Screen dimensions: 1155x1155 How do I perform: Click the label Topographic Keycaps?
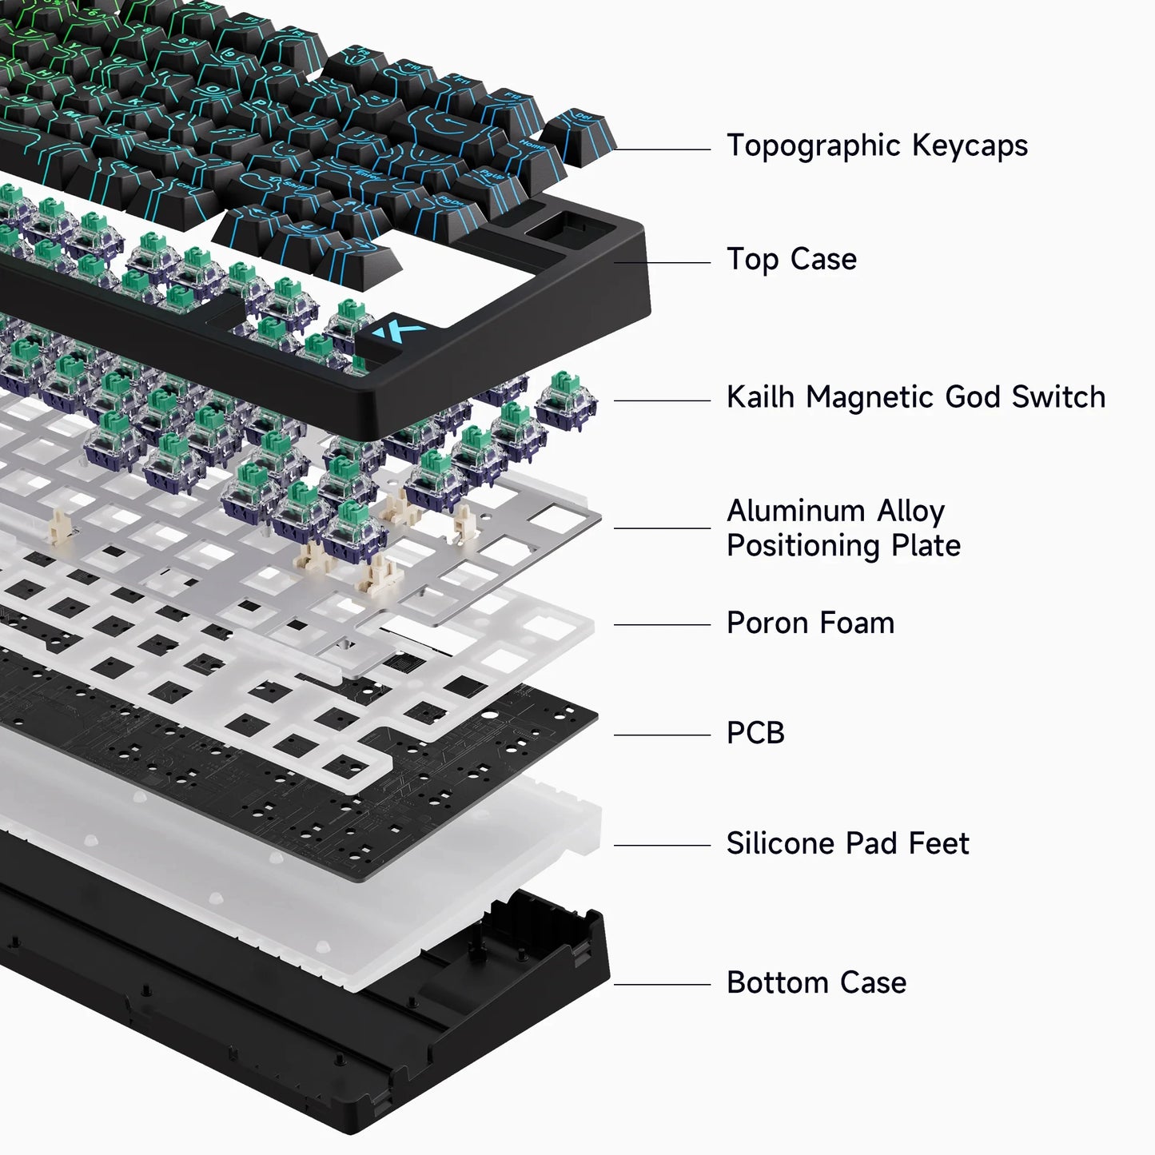[877, 146]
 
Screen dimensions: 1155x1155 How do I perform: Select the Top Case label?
[791, 260]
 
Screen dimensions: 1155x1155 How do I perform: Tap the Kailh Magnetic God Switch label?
[915, 397]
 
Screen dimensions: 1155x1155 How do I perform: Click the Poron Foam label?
[810, 623]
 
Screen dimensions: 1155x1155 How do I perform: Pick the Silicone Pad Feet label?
[847, 844]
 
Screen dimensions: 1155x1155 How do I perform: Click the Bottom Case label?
[816, 983]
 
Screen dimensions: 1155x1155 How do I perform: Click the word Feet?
[943, 844]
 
